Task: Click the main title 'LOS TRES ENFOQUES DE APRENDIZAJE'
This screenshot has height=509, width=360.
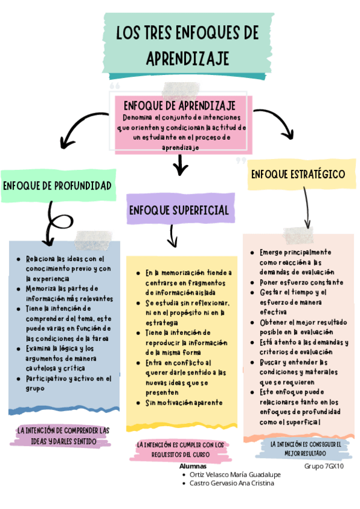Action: click(x=187, y=45)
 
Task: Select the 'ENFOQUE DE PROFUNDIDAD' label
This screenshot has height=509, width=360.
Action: click(x=58, y=185)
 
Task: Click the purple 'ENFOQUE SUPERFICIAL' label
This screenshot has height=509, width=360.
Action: click(x=179, y=210)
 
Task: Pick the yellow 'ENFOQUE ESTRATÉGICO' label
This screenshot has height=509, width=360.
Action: click(x=298, y=174)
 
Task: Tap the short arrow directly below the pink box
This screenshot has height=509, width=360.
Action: click(x=179, y=164)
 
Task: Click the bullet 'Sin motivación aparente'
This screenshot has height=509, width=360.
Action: click(x=184, y=402)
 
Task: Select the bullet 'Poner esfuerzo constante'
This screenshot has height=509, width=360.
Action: click(x=301, y=282)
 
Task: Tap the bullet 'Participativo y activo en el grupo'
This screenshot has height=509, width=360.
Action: click(x=68, y=383)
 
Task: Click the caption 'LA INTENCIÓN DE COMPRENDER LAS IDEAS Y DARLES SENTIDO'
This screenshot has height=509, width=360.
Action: click(x=64, y=436)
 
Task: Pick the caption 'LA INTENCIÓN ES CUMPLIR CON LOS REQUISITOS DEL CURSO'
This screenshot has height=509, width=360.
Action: click(x=181, y=450)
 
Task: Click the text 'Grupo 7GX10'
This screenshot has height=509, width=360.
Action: click(x=324, y=466)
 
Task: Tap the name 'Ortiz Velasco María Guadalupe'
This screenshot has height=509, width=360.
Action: click(x=235, y=474)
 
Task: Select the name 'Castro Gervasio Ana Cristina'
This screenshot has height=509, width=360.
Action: click(x=231, y=483)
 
